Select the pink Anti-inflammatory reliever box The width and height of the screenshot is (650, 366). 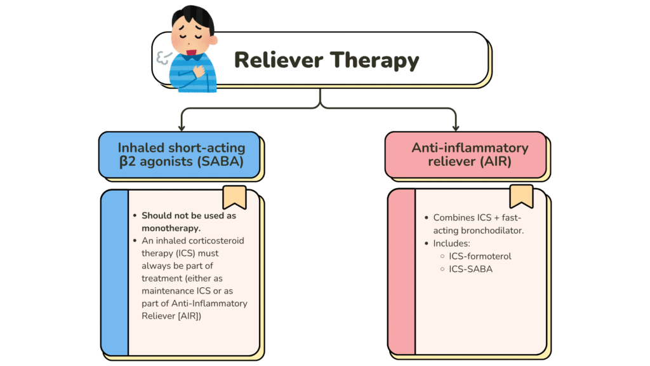click(x=465, y=154)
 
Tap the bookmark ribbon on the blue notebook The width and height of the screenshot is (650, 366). click(x=234, y=197)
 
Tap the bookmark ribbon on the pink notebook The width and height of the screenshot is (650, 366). click(x=521, y=196)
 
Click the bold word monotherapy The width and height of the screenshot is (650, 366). click(x=171, y=227)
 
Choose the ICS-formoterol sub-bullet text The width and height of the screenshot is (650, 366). click(x=480, y=256)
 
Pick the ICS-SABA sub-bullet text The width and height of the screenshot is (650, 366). click(x=471, y=269)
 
